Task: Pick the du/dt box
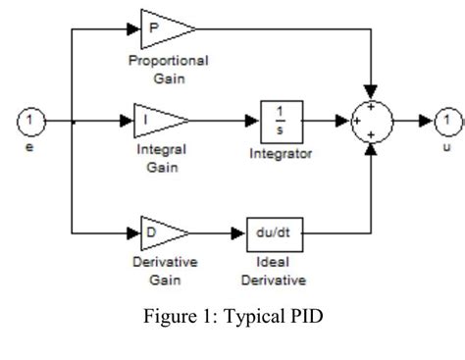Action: pyautogui.click(x=272, y=234)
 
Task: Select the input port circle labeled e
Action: pyautogui.click(x=30, y=122)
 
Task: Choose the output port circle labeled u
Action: pyautogui.click(x=446, y=122)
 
